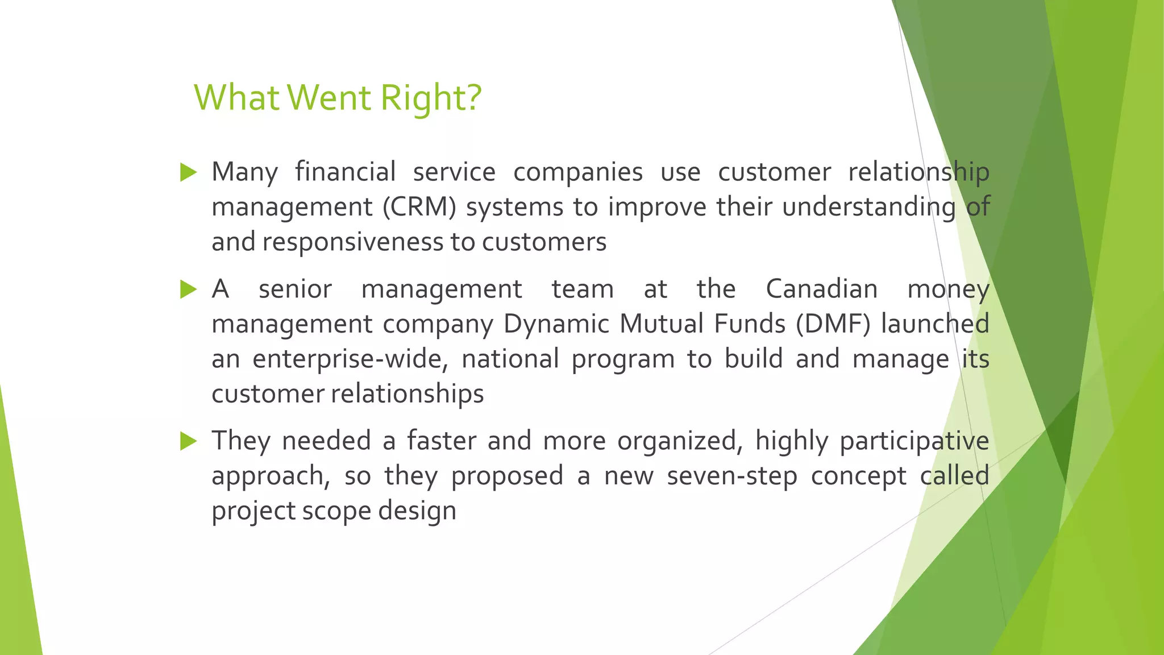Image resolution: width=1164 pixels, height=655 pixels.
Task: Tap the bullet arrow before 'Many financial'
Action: point(188,172)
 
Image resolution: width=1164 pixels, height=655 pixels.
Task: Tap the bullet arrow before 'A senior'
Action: point(188,289)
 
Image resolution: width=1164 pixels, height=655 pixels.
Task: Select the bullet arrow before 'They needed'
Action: point(188,441)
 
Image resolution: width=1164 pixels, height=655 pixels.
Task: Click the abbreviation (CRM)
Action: point(419,207)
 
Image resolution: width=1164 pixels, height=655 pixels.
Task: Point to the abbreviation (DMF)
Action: point(833,324)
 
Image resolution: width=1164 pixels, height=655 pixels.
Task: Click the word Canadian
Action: point(821,289)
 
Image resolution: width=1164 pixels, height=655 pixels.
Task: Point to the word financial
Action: point(345,172)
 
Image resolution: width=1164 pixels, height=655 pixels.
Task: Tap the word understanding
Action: point(868,207)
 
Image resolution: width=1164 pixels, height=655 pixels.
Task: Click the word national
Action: point(510,359)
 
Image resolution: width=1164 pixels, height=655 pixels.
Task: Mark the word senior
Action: point(295,289)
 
